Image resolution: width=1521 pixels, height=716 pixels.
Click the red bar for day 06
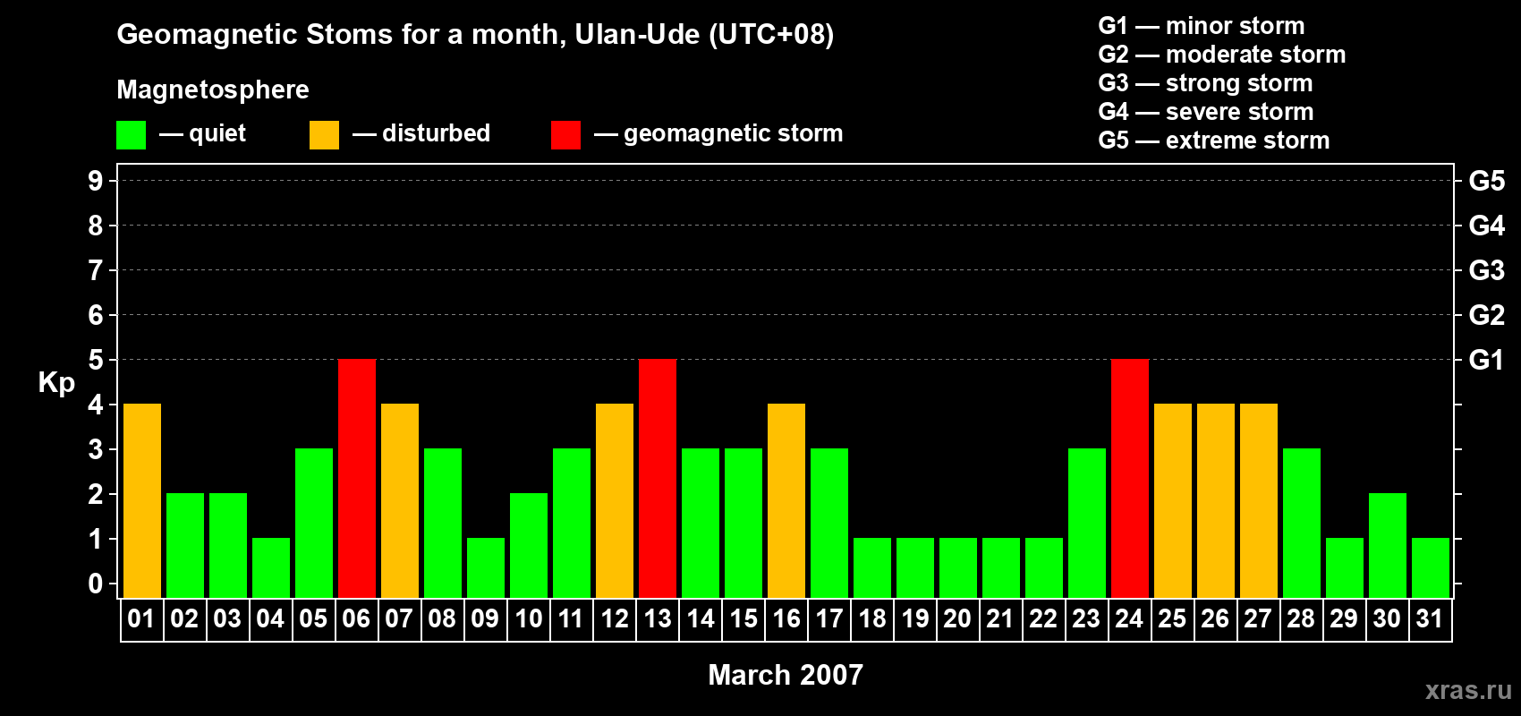click(x=357, y=478)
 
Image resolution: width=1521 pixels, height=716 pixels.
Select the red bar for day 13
click(x=658, y=478)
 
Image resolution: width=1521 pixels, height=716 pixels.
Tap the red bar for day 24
click(x=1130, y=478)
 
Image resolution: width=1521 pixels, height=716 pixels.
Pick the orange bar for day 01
click(x=142, y=500)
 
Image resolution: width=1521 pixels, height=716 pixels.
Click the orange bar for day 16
click(x=786, y=500)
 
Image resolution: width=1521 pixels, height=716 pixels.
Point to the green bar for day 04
click(x=271, y=568)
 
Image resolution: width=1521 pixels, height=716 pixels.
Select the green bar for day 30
click(x=1387, y=545)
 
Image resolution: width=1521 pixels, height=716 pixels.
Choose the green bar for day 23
click(x=1087, y=523)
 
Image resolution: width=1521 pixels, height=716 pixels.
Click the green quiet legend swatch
click(x=131, y=134)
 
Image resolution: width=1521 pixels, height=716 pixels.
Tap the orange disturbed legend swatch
click(x=324, y=134)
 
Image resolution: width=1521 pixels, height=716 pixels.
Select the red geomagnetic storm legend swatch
click(x=565, y=134)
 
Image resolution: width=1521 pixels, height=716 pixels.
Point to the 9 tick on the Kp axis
click(x=95, y=181)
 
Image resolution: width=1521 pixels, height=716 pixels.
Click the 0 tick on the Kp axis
click(x=95, y=584)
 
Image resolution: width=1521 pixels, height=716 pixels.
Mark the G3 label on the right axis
click(x=1486, y=270)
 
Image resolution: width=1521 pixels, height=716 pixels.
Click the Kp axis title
click(x=56, y=383)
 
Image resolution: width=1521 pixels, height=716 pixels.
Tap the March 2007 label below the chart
click(x=786, y=675)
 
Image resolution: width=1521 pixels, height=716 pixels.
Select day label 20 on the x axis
click(x=957, y=618)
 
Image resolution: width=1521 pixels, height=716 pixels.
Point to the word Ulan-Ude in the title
click(x=637, y=35)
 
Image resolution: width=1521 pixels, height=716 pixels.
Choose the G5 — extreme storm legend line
click(x=1214, y=141)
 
